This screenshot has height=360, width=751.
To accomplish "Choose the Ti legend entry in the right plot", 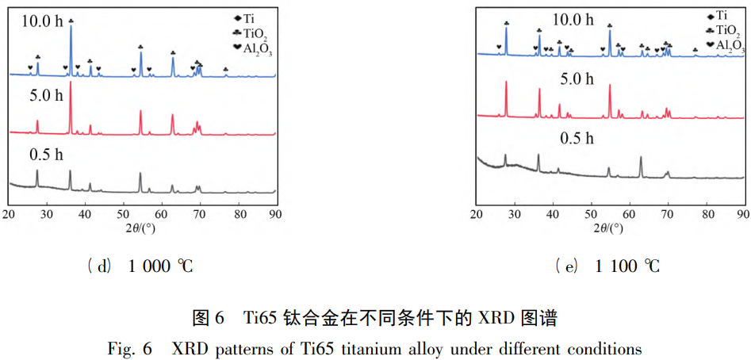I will (x=715, y=14).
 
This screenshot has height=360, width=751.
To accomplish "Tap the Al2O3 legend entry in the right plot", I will (x=723, y=47).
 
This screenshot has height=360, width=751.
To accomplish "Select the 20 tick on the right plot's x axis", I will (x=477, y=214).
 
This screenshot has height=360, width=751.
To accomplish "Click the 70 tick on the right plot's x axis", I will (x=668, y=214).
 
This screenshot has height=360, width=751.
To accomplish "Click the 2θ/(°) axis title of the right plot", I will (x=610, y=230).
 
